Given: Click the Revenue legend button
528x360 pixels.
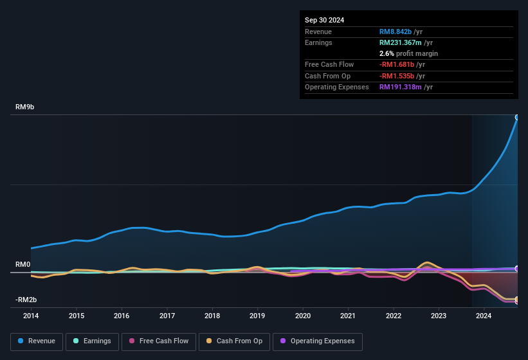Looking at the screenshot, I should [x=37, y=341].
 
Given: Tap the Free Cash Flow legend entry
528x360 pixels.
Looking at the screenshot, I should [x=158, y=341].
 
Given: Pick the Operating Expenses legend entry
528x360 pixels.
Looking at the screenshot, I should [x=318, y=341].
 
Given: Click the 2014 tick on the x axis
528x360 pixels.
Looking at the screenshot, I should [x=31, y=316].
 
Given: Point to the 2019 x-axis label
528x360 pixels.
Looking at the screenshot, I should [x=257, y=316].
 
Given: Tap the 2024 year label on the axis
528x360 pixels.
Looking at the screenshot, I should [x=484, y=316].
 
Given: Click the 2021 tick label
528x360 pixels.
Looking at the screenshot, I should [x=348, y=316].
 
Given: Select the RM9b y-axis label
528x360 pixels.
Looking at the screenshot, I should [x=24, y=107].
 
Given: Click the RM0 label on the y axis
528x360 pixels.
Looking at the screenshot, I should [x=23, y=265].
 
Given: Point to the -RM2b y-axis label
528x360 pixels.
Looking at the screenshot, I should [x=26, y=300].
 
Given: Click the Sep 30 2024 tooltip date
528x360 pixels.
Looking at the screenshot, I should [x=324, y=20].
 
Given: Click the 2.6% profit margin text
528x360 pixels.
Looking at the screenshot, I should [x=408, y=53].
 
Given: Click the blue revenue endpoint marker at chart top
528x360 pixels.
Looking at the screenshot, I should [x=517, y=118].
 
